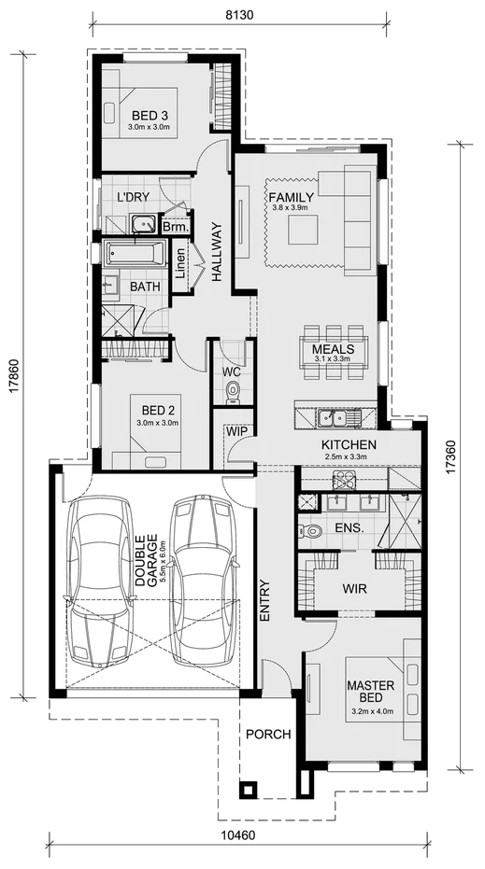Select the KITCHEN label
pyautogui.click(x=349, y=445)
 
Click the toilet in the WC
pyautogui.click(x=233, y=392)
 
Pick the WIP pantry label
pyautogui.click(x=234, y=434)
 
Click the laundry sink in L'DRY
pyautogui.click(x=144, y=223)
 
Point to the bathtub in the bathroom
pyautogui.click(x=136, y=253)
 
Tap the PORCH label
pyautogui.click(x=268, y=735)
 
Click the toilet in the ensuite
pyautogui.click(x=312, y=531)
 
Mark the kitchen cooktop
pyautogui.click(x=345, y=479)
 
